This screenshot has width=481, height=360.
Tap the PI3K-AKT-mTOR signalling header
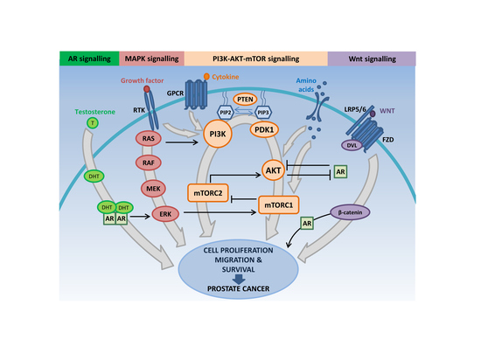tap(255, 59)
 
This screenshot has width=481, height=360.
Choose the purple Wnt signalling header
tap(372, 59)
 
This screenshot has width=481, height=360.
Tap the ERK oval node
tap(163, 214)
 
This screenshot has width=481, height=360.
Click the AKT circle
tap(271, 172)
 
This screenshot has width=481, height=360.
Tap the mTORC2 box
tap(213, 190)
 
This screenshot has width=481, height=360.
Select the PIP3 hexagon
tap(263, 113)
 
